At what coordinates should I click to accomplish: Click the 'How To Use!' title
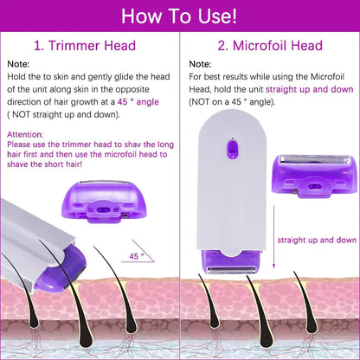(x=180, y=15)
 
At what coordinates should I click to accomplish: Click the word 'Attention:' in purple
(x=25, y=135)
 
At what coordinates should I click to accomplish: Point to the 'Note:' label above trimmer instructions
(x=18, y=64)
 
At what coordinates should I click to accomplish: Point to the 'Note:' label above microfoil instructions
(x=200, y=64)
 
